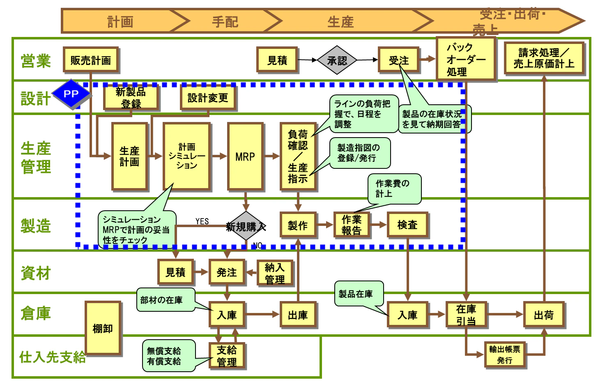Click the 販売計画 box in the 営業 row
click(91, 60)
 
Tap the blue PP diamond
click(71, 94)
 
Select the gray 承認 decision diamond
click(337, 60)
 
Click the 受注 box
click(398, 60)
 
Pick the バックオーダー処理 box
click(466, 59)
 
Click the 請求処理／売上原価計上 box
click(544, 58)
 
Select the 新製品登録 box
click(131, 97)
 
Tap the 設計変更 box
click(208, 98)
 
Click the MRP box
click(245, 156)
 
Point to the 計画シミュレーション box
click(186, 156)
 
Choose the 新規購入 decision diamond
click(246, 226)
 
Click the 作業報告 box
click(352, 225)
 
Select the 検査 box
click(407, 225)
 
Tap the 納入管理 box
click(275, 273)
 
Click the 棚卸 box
click(103, 328)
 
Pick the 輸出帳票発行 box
click(505, 355)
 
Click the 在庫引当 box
click(466, 315)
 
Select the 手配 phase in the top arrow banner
click(225, 21)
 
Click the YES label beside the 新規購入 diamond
click(202, 221)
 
